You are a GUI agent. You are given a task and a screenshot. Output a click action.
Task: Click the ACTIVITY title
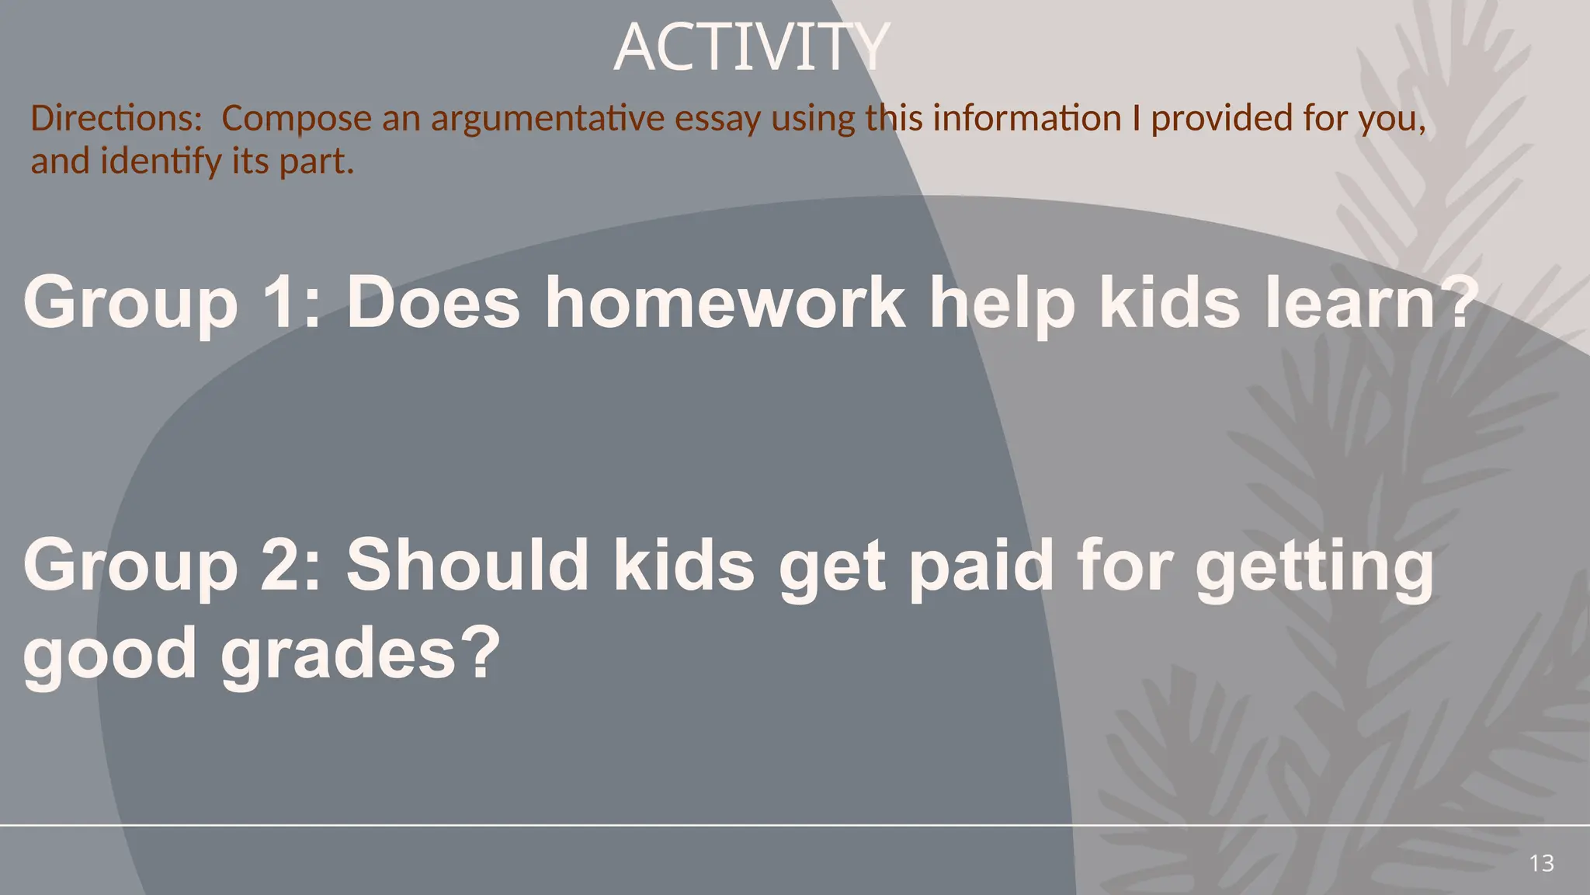click(751, 48)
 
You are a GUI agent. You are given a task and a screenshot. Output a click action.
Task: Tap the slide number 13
click(1541, 863)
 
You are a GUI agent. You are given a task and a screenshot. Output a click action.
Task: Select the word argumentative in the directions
click(547, 118)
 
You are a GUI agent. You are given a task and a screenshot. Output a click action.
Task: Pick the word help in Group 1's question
click(1002, 305)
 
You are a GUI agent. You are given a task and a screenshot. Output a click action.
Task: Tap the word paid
click(980, 566)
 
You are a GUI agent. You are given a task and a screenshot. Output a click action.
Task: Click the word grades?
click(360, 655)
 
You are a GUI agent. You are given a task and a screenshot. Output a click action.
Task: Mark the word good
click(109, 655)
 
